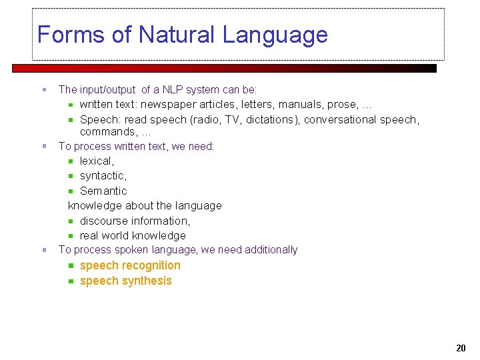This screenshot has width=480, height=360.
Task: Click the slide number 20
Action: [461, 348]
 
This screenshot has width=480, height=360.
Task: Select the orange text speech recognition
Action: [130, 265]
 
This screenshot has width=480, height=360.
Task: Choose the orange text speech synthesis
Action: [125, 281]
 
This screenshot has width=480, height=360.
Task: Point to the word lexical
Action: [97, 161]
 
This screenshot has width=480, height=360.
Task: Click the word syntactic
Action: [103, 175]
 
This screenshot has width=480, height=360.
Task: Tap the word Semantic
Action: [103, 191]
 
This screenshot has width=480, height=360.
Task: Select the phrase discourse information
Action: [135, 221]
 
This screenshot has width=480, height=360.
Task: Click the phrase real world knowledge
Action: [133, 235]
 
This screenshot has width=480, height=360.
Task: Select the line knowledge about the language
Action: [145, 205]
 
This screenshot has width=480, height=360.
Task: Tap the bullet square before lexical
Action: [71, 161]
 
